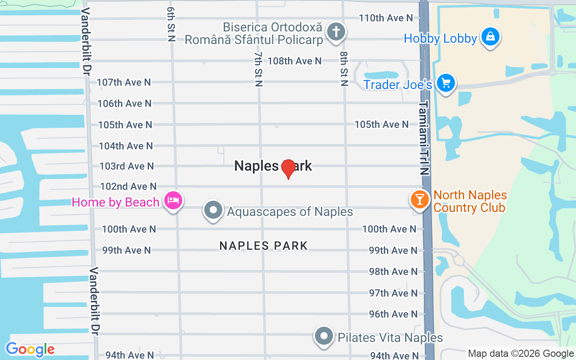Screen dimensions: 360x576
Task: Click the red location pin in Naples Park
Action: [x=288, y=169]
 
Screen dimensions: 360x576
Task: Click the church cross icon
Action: [x=336, y=32]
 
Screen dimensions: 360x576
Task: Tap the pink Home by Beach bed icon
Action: [x=173, y=200]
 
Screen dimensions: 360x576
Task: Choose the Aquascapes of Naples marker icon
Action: [x=213, y=210]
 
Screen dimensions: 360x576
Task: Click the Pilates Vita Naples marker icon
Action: [x=324, y=336]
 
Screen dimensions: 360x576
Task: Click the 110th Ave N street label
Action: [x=386, y=18]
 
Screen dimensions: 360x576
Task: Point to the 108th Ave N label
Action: [x=295, y=61]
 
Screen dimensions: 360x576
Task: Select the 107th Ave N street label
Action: [x=124, y=82]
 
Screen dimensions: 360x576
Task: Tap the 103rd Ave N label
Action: [x=126, y=166]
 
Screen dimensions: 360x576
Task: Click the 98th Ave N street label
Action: [x=393, y=271]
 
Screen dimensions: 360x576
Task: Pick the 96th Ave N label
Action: [x=393, y=314]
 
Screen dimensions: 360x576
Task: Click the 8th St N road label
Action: [x=344, y=68]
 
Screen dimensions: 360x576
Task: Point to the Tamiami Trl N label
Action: [x=424, y=138]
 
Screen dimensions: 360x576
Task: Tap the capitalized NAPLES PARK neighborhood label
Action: [x=264, y=246]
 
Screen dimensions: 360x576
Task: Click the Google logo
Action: [x=30, y=349]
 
